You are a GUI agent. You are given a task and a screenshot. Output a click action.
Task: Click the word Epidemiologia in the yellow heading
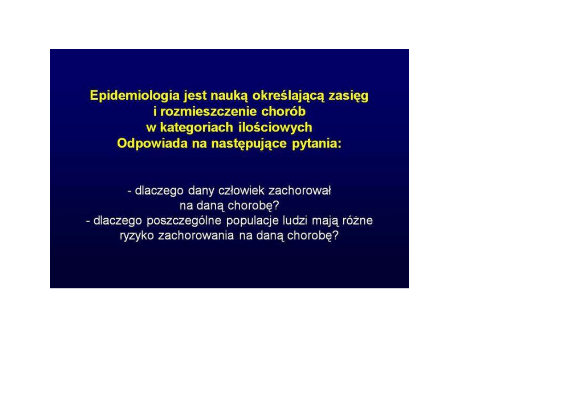pyautogui.click(x=135, y=96)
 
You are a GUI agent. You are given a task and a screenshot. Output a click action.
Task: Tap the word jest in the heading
pyautogui.click(x=195, y=96)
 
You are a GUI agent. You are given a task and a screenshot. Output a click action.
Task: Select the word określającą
pyautogui.click(x=288, y=96)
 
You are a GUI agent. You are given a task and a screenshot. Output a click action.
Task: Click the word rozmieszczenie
pyautogui.click(x=208, y=112)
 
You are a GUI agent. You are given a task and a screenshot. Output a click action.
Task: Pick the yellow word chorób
pyautogui.click(x=283, y=111)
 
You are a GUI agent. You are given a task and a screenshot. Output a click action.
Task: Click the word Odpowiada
pyautogui.click(x=152, y=143)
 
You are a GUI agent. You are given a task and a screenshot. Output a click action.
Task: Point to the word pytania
pyautogui.click(x=317, y=144)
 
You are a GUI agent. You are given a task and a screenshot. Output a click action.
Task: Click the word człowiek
pyautogui.click(x=241, y=191)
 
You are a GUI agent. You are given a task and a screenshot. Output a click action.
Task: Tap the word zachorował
pyautogui.click(x=300, y=191)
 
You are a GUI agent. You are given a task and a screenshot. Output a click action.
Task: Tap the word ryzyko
pyautogui.click(x=137, y=236)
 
